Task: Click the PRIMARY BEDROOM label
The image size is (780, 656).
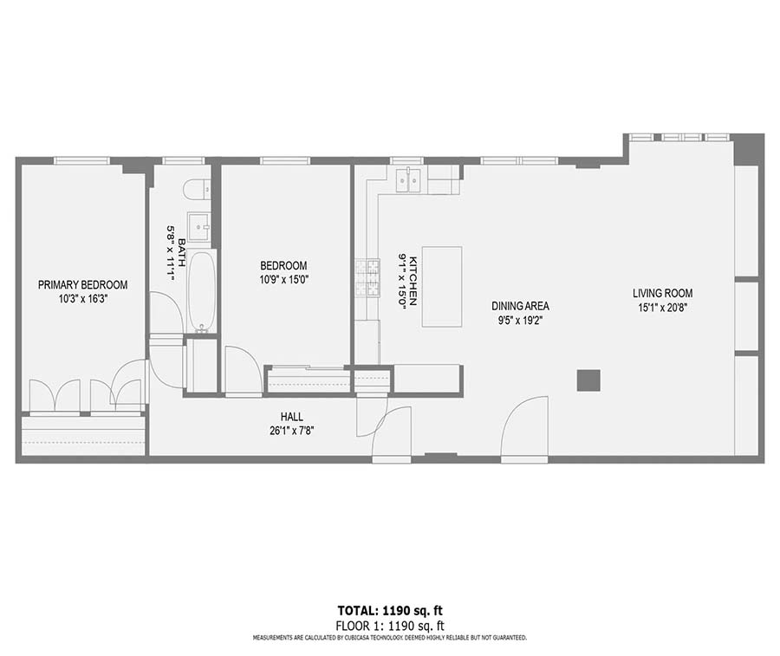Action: (82, 285)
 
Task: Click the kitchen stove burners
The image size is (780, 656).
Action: (367, 278)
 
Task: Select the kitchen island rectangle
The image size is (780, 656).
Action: (442, 287)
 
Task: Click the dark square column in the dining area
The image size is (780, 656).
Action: (588, 380)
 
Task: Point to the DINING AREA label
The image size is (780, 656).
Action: (520, 306)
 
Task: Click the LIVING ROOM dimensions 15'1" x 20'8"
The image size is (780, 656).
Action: (663, 306)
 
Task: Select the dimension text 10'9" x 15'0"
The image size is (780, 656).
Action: (284, 279)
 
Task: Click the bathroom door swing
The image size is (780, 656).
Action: (165, 312)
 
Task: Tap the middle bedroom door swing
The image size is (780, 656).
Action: (241, 368)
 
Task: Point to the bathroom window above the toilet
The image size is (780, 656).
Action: (184, 160)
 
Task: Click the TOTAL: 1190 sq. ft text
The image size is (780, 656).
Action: (389, 611)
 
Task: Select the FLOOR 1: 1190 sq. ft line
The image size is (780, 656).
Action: (389, 625)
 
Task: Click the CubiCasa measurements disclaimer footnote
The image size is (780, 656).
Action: (389, 637)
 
